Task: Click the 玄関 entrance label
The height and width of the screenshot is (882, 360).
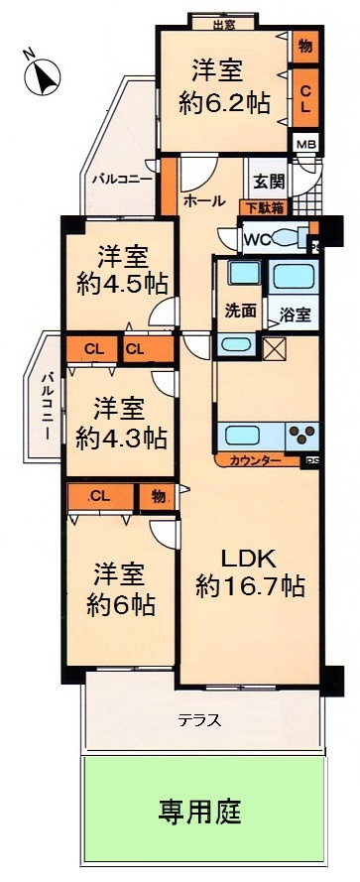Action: point(268,182)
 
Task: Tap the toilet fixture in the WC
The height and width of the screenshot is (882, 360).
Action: point(293,238)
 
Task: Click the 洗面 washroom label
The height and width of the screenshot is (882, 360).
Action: point(241,311)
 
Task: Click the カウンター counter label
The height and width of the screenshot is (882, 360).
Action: point(254,461)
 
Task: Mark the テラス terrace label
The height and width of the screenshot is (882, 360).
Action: point(199,721)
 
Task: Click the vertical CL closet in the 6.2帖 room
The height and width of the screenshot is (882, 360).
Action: point(304,96)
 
